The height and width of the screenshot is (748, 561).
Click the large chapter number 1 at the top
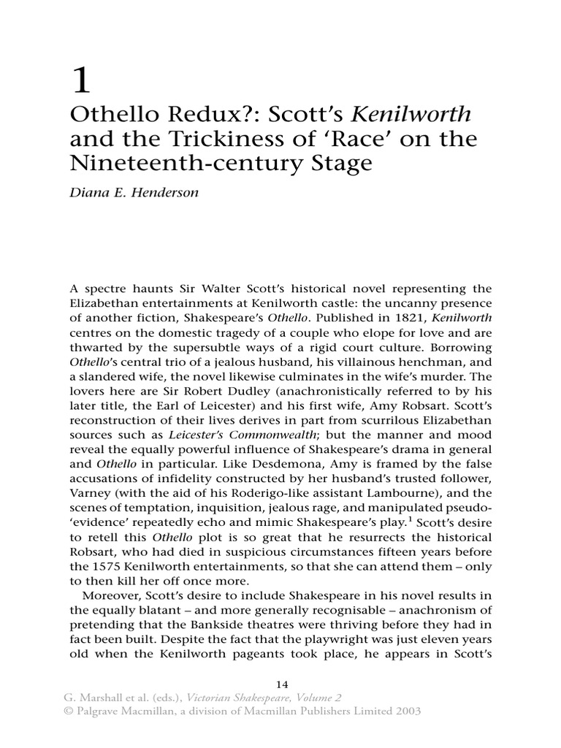80,79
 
